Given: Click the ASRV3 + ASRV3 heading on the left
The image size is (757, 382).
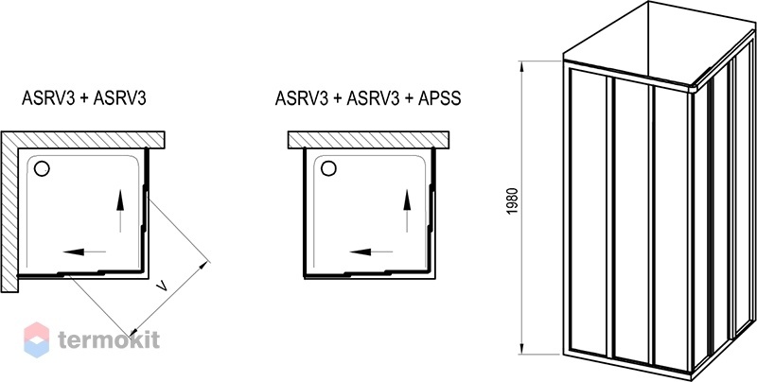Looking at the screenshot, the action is pos(84,98).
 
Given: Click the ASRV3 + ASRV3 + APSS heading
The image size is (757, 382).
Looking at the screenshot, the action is pos(368,98).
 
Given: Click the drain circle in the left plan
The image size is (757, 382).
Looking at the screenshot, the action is pos(42,168).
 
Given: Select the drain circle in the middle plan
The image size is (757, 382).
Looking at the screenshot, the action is pos(328,168).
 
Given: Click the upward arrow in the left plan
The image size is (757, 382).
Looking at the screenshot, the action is pos(120,211).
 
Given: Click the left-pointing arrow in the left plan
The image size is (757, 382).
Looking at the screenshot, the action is pos(84,252).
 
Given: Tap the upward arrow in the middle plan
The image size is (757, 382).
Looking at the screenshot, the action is pos(407,211).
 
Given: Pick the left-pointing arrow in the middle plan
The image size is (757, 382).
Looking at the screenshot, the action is pos(371,252).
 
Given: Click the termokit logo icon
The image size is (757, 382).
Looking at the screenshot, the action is pos(37,340).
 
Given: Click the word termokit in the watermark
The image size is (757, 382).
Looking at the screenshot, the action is pos(109,340).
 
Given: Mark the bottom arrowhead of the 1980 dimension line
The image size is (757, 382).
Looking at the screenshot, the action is pos(522,348).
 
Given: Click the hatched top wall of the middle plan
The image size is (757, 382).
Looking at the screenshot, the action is pos(369,139).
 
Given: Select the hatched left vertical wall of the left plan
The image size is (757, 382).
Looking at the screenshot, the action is pos(9,212).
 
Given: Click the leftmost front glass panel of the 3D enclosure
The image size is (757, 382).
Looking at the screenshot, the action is pos(587,213).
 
